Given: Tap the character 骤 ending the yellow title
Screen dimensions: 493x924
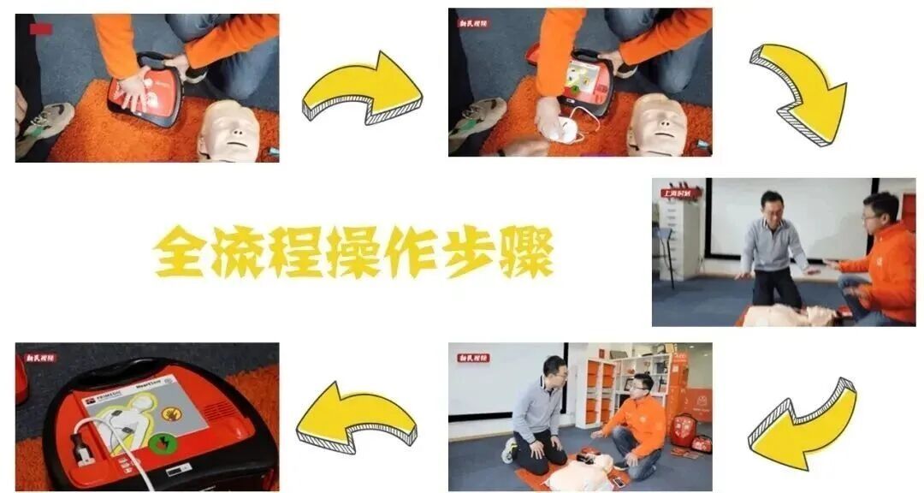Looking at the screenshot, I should pyautogui.click(x=524, y=251).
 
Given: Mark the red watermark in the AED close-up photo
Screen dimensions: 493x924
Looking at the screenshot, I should pyautogui.click(x=40, y=357).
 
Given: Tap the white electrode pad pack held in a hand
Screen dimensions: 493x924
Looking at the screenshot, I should pyautogui.click(x=566, y=129).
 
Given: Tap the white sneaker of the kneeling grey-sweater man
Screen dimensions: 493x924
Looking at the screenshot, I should pyautogui.click(x=510, y=451).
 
